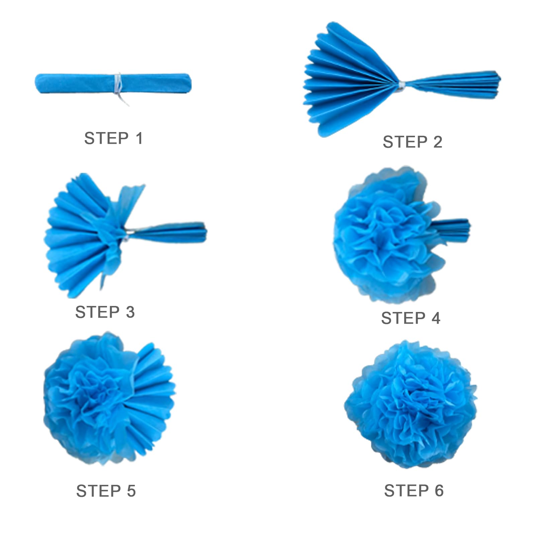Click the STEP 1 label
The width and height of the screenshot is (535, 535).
click(x=113, y=138)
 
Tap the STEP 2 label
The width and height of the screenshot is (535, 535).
click(x=413, y=142)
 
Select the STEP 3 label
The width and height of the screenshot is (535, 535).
click(x=105, y=312)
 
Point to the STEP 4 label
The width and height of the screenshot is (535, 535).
click(x=411, y=318)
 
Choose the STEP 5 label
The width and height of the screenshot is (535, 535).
click(x=106, y=491)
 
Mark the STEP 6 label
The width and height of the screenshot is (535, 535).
click(x=414, y=491)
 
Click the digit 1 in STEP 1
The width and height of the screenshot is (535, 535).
click(x=139, y=138)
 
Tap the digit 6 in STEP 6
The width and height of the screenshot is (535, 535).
click(x=439, y=491)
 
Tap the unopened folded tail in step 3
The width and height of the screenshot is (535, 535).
click(x=167, y=231)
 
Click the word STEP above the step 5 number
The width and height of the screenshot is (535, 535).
click(x=99, y=491)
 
